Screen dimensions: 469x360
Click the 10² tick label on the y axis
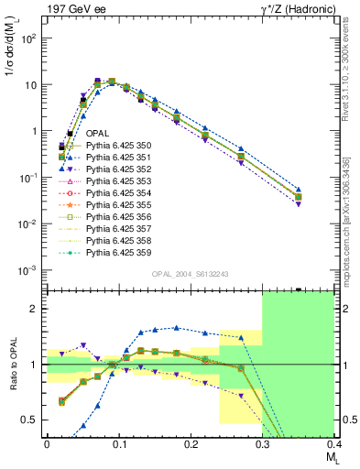click(x=27, y=39)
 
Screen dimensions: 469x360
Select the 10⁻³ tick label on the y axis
click(x=27, y=270)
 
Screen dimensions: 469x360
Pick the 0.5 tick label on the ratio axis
click(x=31, y=420)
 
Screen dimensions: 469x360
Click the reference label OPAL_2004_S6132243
click(x=189, y=274)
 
